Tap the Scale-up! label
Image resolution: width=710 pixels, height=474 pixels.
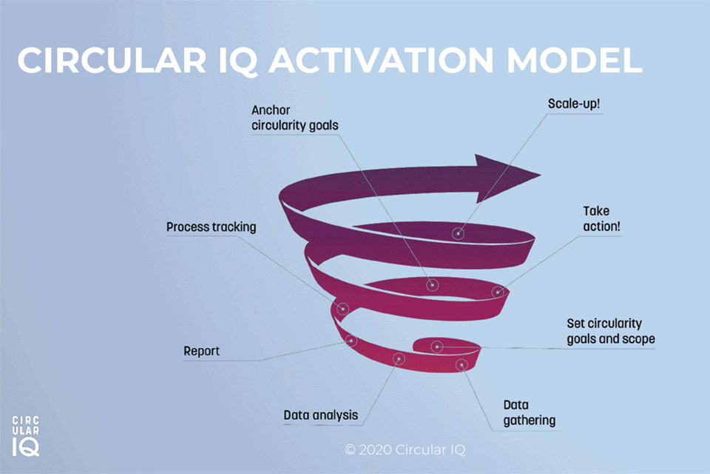click(x=573, y=104)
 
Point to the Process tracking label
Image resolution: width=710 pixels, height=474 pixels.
click(x=211, y=227)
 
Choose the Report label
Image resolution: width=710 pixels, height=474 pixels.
click(x=201, y=350)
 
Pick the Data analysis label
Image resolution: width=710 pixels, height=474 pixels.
click(x=320, y=415)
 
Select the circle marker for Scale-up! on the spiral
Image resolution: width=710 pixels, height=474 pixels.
click(x=459, y=233)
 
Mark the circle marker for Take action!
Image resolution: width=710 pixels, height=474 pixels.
click(x=498, y=292)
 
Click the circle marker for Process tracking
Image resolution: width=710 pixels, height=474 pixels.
click(x=342, y=308)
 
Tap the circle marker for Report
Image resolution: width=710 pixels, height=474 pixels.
click(x=351, y=341)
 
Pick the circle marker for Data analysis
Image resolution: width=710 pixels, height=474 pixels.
click(x=399, y=358)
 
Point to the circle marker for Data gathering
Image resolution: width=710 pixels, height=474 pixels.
click(x=461, y=364)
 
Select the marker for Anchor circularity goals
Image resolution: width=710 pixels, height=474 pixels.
click(x=433, y=284)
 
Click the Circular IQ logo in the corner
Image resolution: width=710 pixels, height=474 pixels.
click(x=26, y=435)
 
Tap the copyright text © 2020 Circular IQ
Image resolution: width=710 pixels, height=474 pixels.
click(x=405, y=450)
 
